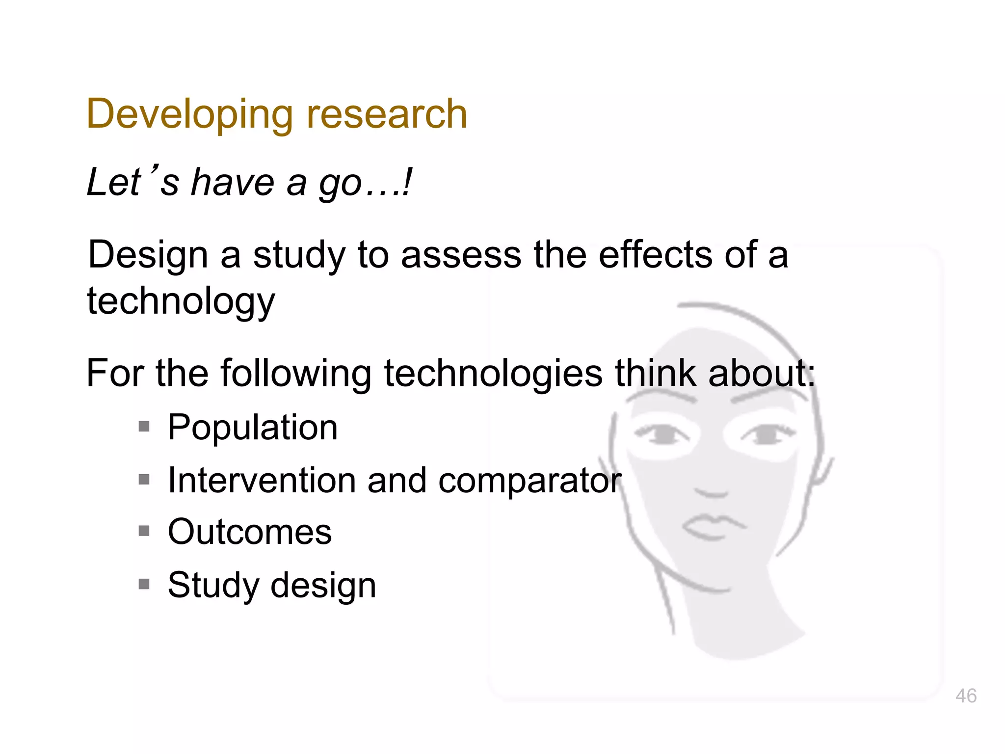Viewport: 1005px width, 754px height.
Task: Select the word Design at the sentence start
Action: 148,256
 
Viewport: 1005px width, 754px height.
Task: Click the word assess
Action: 461,255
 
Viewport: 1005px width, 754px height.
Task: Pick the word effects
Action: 655,255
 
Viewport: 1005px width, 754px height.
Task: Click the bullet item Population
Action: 252,428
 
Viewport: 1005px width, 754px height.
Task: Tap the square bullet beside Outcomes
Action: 144,531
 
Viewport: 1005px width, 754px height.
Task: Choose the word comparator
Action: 530,481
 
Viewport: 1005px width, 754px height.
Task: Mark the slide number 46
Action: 966,696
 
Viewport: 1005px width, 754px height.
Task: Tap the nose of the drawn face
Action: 713,491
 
